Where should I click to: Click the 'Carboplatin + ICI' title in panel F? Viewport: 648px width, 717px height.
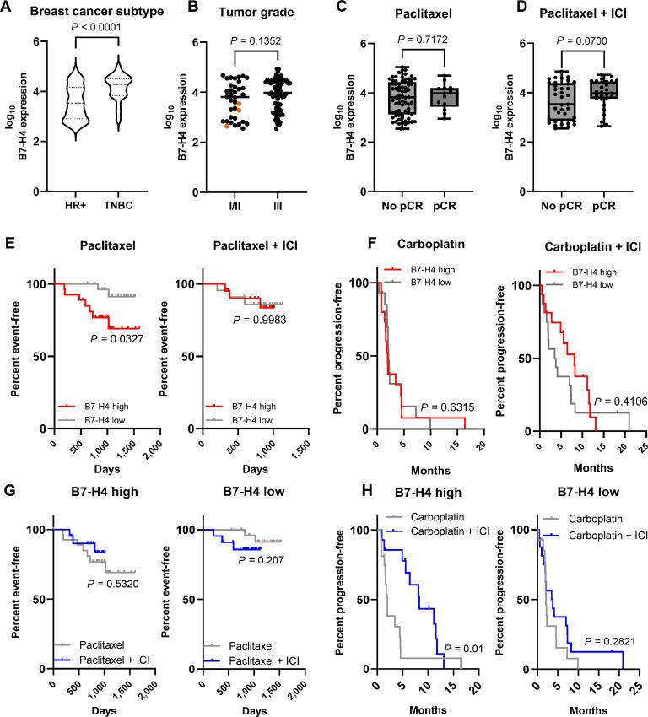tap(580, 246)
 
